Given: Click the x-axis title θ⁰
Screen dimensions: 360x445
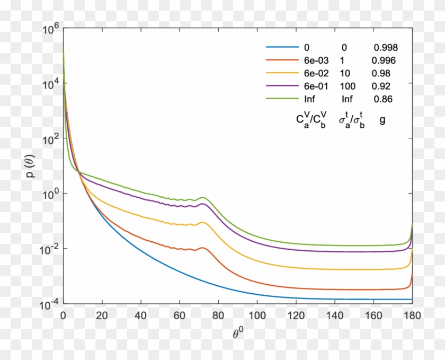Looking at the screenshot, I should click(237, 335).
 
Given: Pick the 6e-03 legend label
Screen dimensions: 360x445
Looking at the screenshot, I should click(316, 60).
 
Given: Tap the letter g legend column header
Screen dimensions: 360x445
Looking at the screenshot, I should click(382, 120).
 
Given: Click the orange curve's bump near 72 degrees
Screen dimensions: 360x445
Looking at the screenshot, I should click(203, 248).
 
